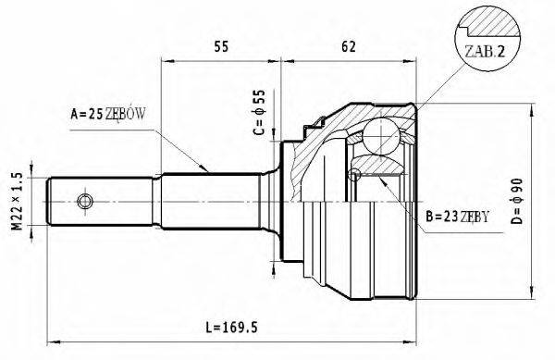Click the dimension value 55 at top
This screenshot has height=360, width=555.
pyautogui.click(x=221, y=43)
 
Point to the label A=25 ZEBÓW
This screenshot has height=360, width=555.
pyautogui.click(x=108, y=115)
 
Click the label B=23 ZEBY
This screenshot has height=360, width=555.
pyautogui.click(x=455, y=218)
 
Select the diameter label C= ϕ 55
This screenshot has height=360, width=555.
pyautogui.click(x=259, y=113)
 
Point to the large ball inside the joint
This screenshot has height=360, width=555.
pyautogui.click(x=379, y=137)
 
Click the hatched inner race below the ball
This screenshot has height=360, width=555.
pyautogui.click(x=379, y=165)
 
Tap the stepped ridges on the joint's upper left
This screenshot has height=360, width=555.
pyautogui.click(x=317, y=123)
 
